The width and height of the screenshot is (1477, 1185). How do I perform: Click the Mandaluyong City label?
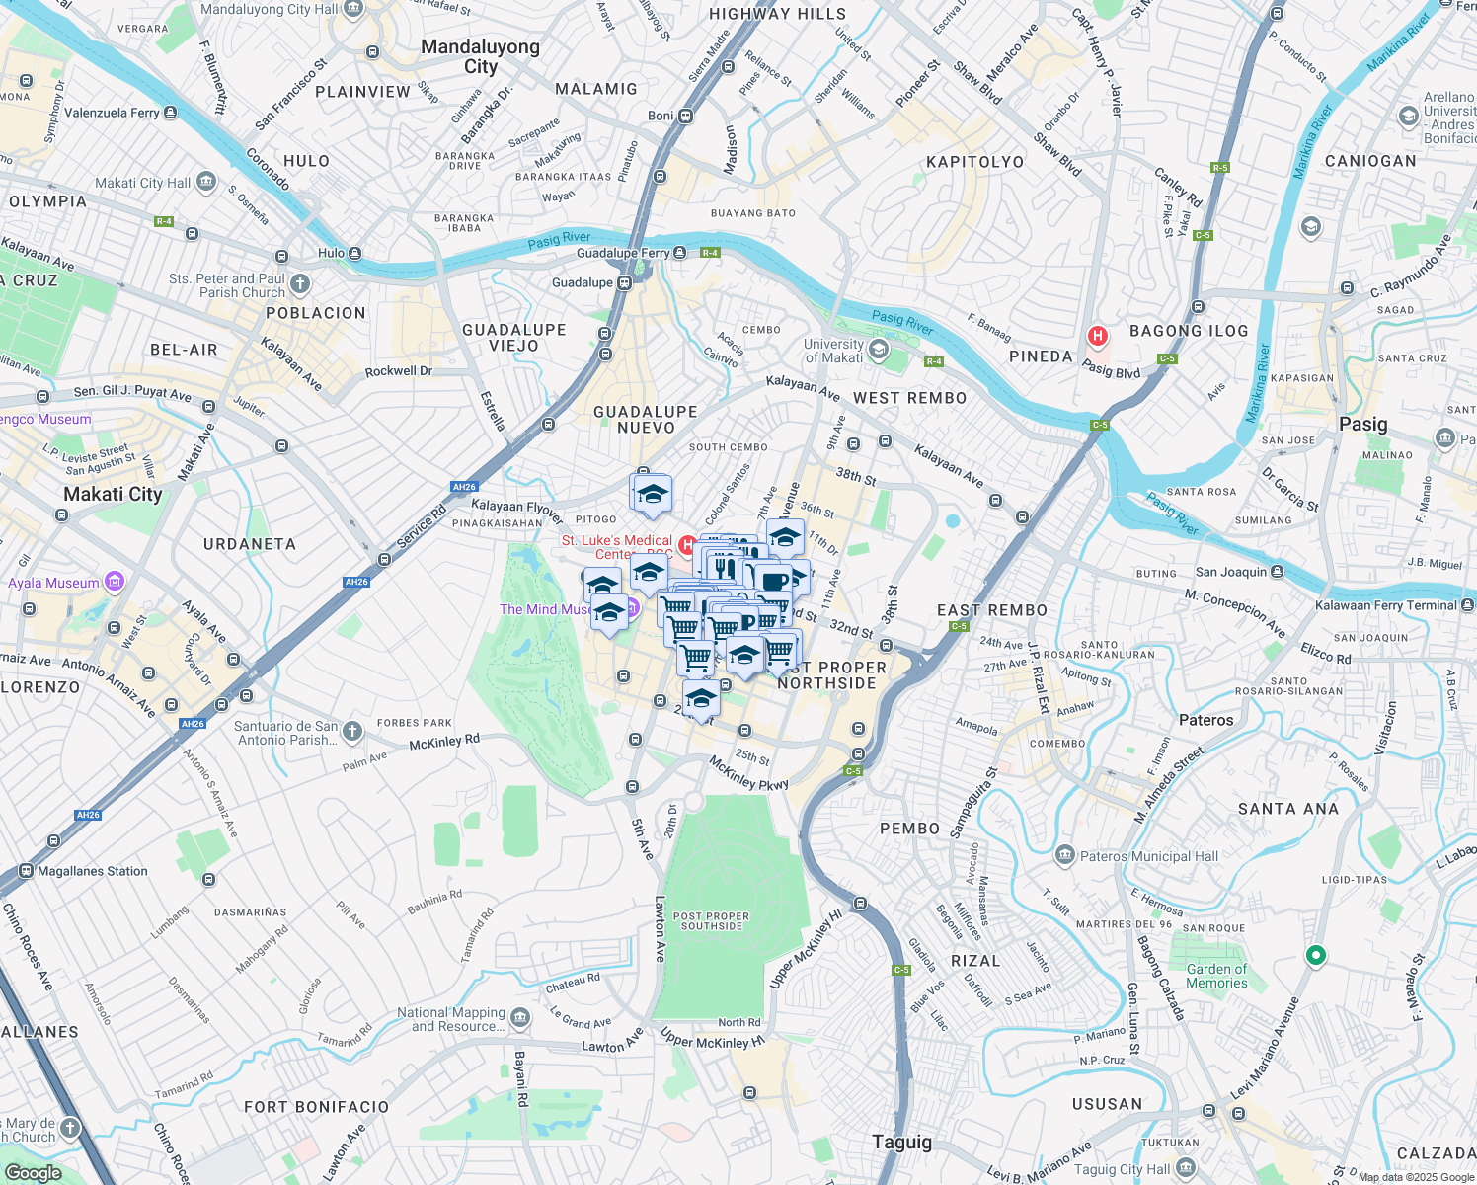click(481, 56)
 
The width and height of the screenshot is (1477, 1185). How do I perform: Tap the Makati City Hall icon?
click(206, 182)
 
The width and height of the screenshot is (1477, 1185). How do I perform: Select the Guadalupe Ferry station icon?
click(680, 253)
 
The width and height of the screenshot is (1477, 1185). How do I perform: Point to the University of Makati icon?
click(878, 351)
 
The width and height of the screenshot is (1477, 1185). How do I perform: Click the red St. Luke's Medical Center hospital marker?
click(687, 545)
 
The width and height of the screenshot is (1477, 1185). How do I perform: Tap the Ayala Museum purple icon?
click(114, 582)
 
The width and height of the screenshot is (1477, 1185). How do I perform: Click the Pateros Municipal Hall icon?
click(1064, 855)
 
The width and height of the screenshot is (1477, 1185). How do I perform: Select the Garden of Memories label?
click(1216, 976)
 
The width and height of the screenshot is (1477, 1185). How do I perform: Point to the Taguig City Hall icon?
click(1186, 1168)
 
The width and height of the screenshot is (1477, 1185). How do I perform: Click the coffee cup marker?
click(776, 580)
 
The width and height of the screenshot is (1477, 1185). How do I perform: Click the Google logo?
click(33, 1172)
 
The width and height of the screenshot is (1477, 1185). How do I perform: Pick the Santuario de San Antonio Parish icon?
click(352, 732)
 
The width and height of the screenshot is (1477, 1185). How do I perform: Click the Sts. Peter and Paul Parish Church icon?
click(300, 284)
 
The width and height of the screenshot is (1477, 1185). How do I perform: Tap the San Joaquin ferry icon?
click(1278, 572)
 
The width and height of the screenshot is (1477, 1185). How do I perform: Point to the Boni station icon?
click(686, 116)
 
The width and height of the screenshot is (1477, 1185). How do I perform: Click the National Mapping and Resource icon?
click(520, 1018)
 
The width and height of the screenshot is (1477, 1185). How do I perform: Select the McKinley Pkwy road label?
click(748, 772)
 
